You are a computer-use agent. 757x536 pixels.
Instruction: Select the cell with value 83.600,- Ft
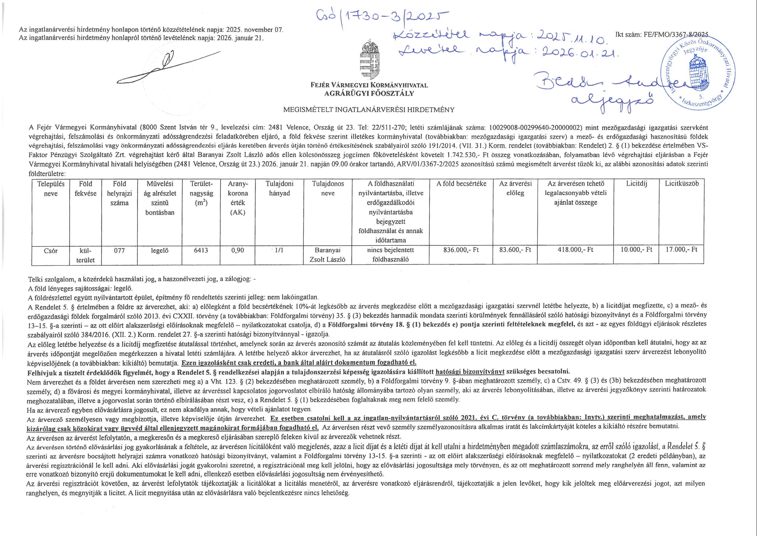tap(515, 250)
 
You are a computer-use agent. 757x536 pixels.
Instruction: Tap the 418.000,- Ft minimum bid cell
tap(575, 250)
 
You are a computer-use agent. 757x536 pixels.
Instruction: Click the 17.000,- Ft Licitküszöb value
tap(681, 250)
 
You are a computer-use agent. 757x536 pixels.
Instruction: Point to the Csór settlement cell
tap(51, 251)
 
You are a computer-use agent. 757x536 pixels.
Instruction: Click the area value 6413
tap(201, 250)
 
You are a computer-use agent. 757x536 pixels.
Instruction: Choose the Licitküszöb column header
tap(681, 184)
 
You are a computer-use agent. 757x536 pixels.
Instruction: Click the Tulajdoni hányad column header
tap(279, 188)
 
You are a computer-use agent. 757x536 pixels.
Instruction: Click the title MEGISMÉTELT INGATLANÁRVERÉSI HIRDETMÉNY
tap(369, 110)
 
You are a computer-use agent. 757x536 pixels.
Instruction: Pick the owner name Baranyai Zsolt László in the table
tap(327, 255)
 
